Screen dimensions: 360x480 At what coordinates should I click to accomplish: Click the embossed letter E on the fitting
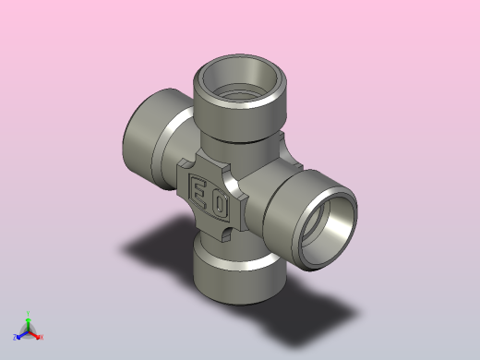198,192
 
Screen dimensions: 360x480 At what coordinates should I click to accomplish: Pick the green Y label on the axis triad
29,314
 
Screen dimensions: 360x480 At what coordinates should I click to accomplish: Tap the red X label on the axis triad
42,337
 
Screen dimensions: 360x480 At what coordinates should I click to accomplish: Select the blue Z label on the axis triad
16,337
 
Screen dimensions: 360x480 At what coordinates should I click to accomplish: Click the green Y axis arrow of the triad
29,322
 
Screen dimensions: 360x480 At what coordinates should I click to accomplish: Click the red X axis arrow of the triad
35,334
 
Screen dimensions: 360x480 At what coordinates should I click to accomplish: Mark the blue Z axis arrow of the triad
22,334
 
